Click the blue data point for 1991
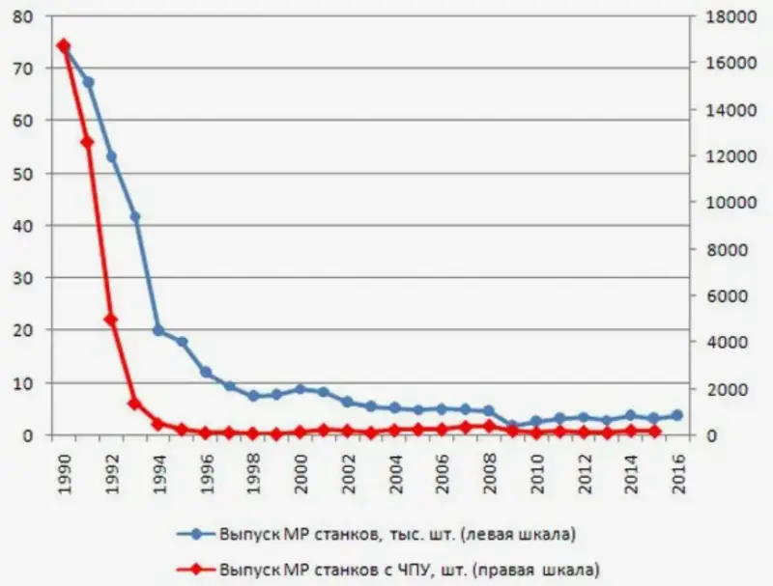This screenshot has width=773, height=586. (88, 82)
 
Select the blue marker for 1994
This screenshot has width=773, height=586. (158, 330)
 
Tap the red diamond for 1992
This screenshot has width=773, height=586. (111, 320)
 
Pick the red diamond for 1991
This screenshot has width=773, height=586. (88, 142)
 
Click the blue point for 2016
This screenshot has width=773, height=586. (676, 415)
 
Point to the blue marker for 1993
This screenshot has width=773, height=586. (135, 216)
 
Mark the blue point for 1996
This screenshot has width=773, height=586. (206, 372)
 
